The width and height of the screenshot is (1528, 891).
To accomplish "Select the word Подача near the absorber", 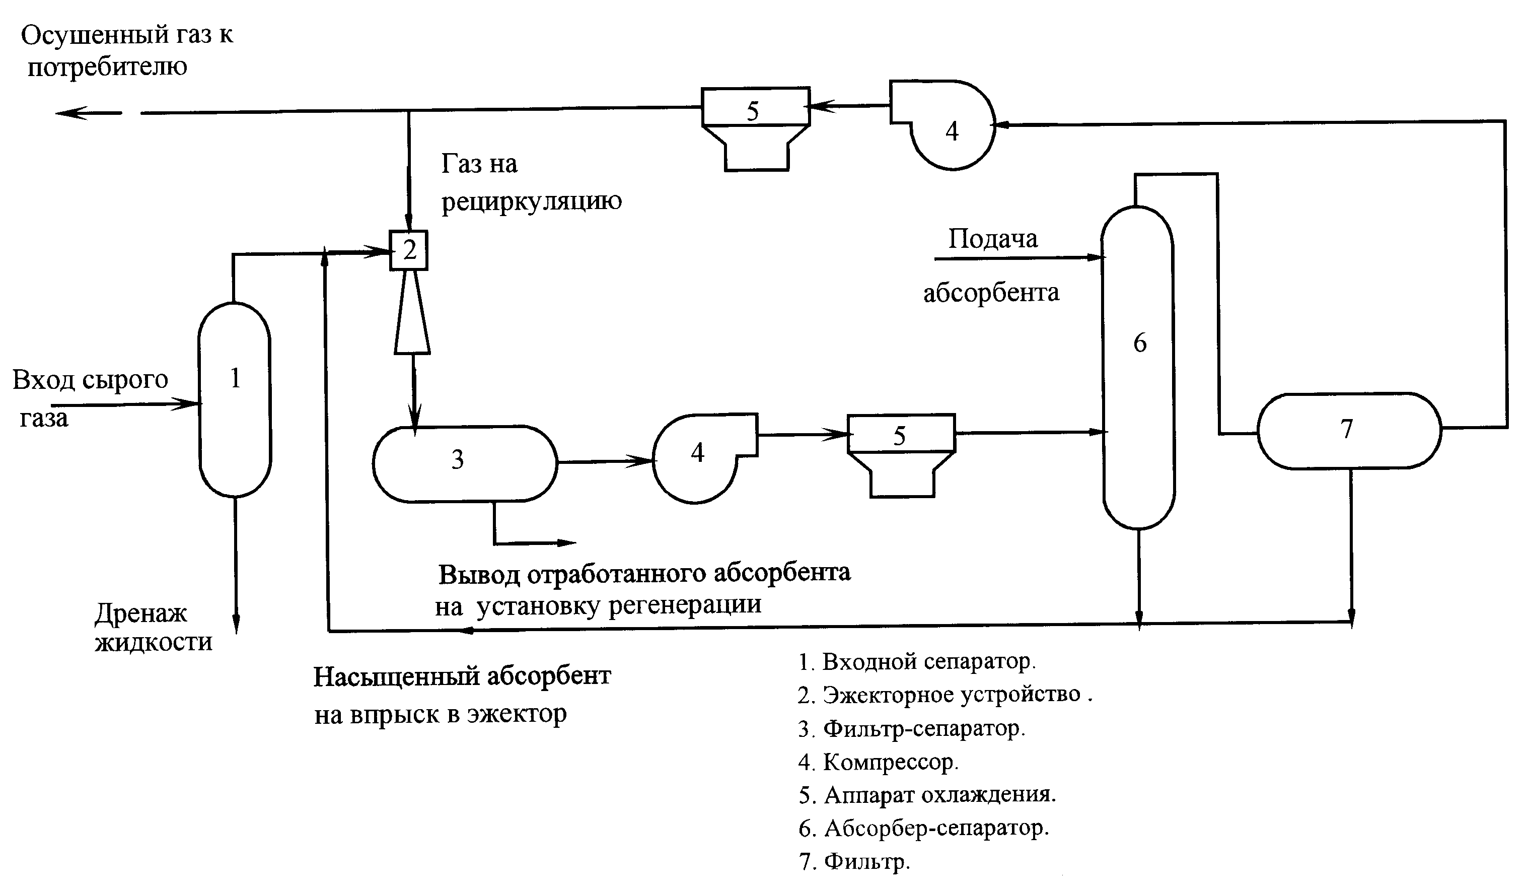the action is [x=993, y=239].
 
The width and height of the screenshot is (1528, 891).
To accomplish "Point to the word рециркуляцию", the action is [x=531, y=201].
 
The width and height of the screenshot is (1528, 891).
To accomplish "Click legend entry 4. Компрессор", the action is [x=878, y=763].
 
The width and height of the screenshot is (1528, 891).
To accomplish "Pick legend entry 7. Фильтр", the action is [x=854, y=861].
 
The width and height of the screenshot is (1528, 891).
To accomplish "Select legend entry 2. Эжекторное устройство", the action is [x=944, y=695].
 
